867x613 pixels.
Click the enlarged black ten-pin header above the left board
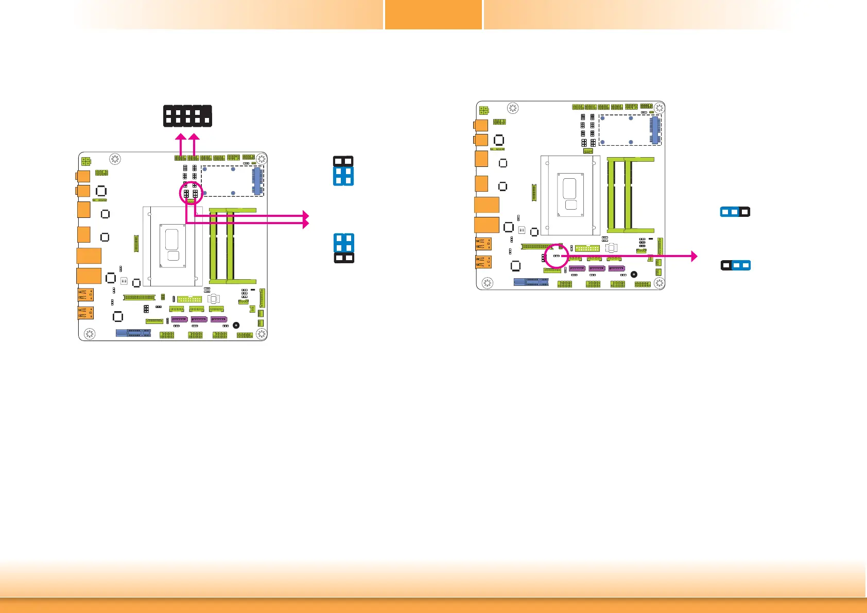[x=187, y=116]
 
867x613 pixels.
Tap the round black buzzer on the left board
[x=236, y=325]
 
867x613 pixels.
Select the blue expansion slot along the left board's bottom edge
[x=133, y=333]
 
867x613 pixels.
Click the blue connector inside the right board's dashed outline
[x=655, y=128]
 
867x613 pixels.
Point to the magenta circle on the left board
[x=191, y=193]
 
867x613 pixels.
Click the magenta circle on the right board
[x=557, y=256]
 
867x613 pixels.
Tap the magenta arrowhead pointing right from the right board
[x=694, y=256]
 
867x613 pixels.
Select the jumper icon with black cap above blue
[x=343, y=171]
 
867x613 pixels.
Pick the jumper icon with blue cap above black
[x=344, y=248]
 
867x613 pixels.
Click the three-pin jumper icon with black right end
[x=735, y=212]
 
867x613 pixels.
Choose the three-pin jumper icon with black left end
[x=735, y=265]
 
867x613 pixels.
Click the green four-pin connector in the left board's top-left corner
[x=86, y=162]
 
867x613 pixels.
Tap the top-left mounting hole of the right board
[x=512, y=108]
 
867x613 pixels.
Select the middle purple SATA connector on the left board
[x=199, y=319]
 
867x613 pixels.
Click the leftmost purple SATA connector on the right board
[x=577, y=268]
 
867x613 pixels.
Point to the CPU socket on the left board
[x=172, y=246]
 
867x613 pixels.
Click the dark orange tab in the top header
[x=433, y=14]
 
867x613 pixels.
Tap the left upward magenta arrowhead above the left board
[x=180, y=137]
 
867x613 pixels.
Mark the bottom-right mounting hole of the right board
[x=658, y=283]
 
